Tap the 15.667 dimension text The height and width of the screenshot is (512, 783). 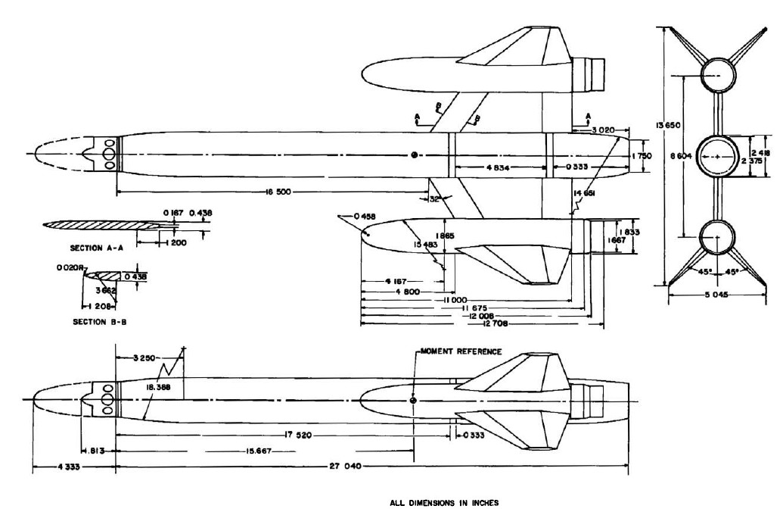pyautogui.click(x=261, y=451)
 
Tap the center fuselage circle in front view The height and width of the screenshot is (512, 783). pyautogui.click(x=714, y=156)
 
